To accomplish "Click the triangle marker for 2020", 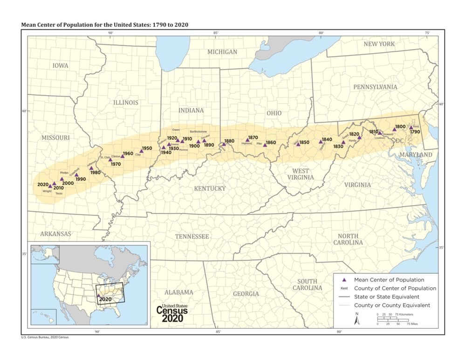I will [50, 186].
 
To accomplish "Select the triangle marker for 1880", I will [224, 144].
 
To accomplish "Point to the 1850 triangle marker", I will [298, 145].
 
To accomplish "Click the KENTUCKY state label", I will [210, 188].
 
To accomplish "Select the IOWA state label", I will [60, 66].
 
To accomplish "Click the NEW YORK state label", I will [379, 44].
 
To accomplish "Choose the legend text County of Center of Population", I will [395, 288].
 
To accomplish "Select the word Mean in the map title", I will [29, 24].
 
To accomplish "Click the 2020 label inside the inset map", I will [106, 298].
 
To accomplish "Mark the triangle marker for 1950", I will [142, 151].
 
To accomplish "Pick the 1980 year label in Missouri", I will [95, 173].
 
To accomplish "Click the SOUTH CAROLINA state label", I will [308, 284].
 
